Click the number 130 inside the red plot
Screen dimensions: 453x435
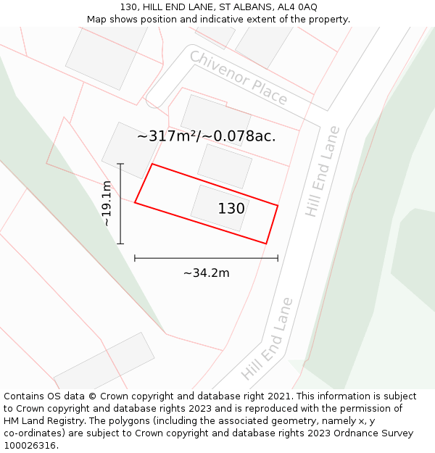231,209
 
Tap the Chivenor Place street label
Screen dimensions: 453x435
239,78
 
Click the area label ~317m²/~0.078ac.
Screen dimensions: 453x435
207,136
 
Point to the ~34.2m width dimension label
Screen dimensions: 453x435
206,273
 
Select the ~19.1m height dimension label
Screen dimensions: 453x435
107,204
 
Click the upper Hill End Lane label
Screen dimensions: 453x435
323,171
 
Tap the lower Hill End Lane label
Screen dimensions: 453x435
267,339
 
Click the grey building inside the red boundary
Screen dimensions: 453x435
217,207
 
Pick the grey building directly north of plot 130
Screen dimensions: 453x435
225,165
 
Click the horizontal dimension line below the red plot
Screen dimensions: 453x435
206,258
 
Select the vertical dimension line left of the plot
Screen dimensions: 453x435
120,204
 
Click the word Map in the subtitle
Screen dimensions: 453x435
97,19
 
